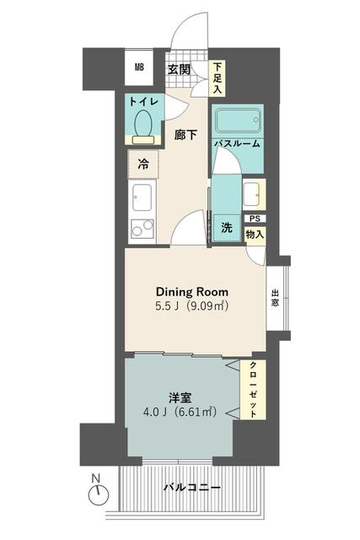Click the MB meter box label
click(x=139, y=67)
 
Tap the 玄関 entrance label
click(x=179, y=69)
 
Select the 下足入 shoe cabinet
click(x=217, y=78)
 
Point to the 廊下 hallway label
click(x=185, y=135)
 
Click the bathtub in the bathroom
click(x=238, y=121)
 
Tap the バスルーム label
click(x=238, y=143)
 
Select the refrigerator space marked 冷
click(x=143, y=165)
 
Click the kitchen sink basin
click(x=142, y=197)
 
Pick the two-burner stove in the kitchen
click(x=142, y=229)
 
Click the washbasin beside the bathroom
click(x=254, y=194)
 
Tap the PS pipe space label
click(x=255, y=219)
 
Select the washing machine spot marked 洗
click(x=227, y=228)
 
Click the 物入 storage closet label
click(x=255, y=235)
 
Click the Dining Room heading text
click(x=192, y=292)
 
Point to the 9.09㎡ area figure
click(x=207, y=306)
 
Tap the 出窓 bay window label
click(x=275, y=298)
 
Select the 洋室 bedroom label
click(x=180, y=397)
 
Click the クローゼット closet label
click(x=253, y=390)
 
